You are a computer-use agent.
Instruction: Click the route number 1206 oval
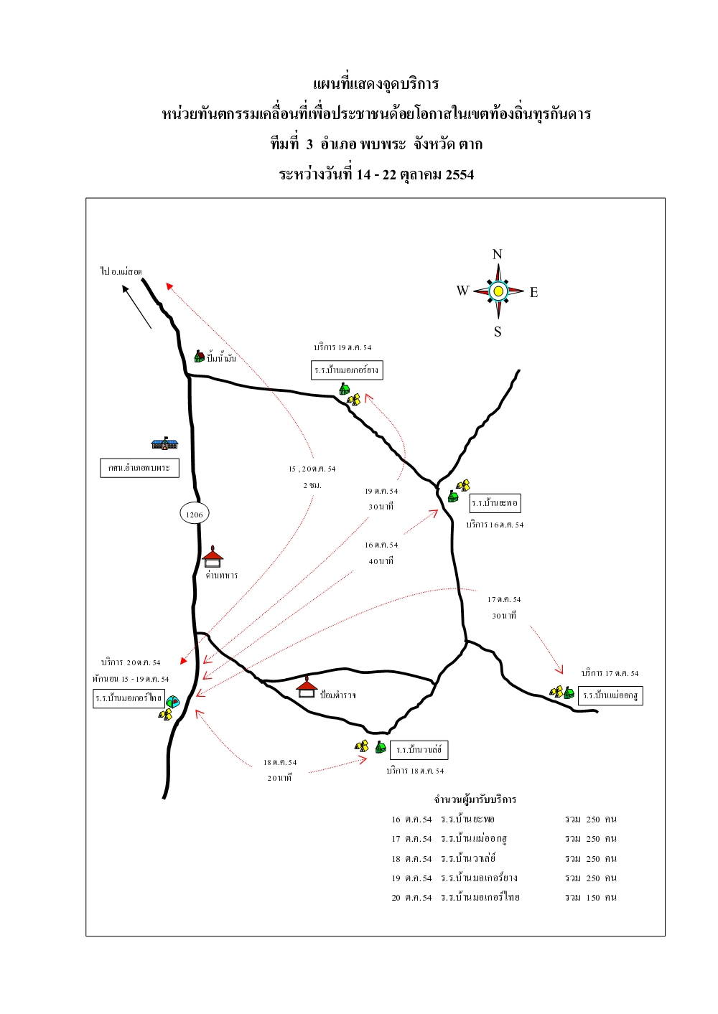click(x=194, y=514)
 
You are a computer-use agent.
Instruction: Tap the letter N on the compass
click(x=497, y=255)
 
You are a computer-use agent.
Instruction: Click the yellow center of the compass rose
click(x=498, y=291)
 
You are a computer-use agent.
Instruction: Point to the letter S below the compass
click(x=498, y=332)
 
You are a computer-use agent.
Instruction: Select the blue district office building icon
click(x=164, y=443)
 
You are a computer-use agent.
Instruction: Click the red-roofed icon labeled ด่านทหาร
click(x=213, y=558)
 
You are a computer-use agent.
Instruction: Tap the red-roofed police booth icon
click(x=307, y=687)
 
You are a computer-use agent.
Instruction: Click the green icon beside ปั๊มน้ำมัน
click(x=199, y=356)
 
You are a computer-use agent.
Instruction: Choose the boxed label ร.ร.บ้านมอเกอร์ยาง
click(x=347, y=370)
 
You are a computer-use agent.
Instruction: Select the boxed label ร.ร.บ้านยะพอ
click(x=495, y=503)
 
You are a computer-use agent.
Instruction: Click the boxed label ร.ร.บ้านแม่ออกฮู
click(x=610, y=695)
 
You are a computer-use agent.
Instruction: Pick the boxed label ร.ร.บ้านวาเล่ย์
click(x=419, y=750)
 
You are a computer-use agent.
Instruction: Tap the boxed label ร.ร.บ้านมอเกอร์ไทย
click(x=129, y=698)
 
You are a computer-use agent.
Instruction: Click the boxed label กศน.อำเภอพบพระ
click(x=139, y=468)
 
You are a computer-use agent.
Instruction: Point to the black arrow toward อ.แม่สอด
click(x=136, y=307)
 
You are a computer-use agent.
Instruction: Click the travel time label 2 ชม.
click(x=312, y=485)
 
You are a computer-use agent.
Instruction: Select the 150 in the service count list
click(x=592, y=897)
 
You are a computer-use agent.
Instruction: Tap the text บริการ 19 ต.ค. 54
click(x=342, y=347)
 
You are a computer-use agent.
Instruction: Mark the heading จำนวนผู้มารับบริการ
click(x=475, y=799)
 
